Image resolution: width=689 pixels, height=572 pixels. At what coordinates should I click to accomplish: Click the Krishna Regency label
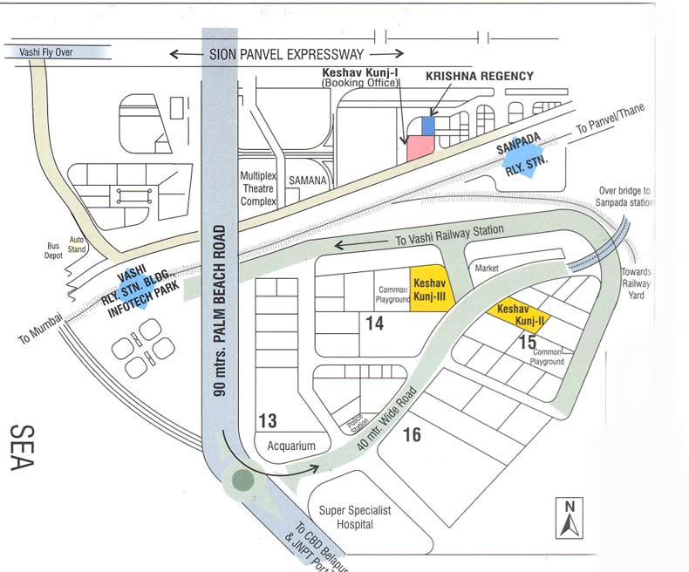(479, 77)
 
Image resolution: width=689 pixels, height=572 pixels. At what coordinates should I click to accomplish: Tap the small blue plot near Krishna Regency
(427, 126)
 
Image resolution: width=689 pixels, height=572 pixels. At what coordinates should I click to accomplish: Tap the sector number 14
(375, 323)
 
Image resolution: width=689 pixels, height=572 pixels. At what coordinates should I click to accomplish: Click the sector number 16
(412, 433)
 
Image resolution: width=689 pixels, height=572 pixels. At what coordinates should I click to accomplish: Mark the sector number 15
(527, 343)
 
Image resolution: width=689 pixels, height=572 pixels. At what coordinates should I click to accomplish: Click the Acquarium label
(290, 446)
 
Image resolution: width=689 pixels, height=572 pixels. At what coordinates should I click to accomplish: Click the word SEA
(23, 446)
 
